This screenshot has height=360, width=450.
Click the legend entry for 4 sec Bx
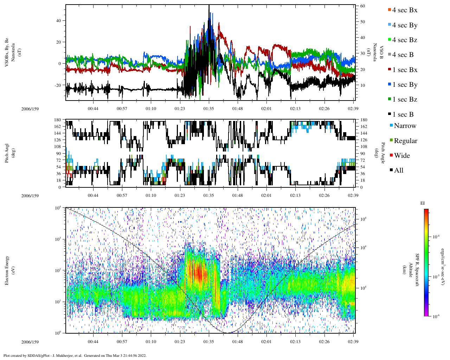tap(404, 10)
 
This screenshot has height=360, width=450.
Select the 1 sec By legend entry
tap(404, 85)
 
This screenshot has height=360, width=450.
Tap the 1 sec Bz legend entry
tap(404, 99)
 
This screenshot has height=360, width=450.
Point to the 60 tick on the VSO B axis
tap(362, 6)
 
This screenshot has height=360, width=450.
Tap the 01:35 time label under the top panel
tap(208, 109)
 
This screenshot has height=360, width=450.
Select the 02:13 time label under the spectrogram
tap(295, 342)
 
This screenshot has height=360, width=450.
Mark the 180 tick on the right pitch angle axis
tap(364, 120)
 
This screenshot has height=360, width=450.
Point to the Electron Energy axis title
tap(7, 270)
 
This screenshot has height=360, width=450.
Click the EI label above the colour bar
tap(423, 203)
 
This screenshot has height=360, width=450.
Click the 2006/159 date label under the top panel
tap(30, 109)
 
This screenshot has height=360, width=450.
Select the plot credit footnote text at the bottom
tap(75, 355)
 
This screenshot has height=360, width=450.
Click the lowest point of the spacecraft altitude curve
tap(227, 333)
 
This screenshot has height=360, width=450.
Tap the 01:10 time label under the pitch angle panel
tap(151, 196)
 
